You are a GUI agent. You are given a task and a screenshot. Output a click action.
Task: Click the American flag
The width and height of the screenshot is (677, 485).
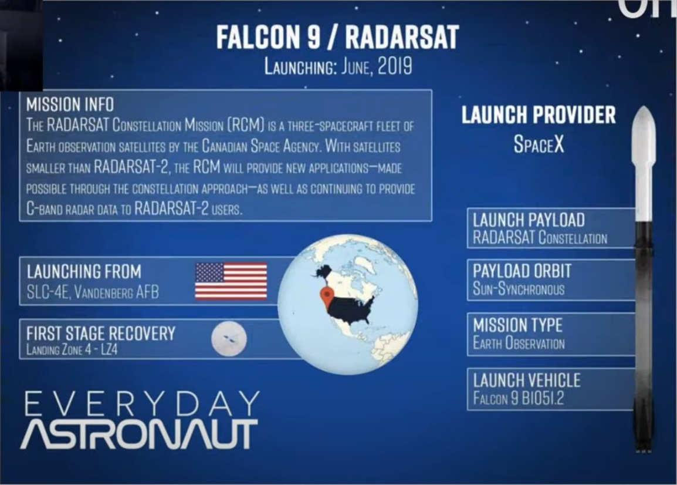click(x=231, y=281)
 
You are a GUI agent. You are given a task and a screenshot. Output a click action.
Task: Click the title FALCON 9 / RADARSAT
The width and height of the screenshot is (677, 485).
click(x=337, y=37)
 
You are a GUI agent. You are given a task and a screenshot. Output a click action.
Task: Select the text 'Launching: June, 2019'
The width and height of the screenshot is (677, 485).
click(x=338, y=67)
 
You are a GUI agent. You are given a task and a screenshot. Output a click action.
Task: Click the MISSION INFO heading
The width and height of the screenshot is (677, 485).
click(x=70, y=105)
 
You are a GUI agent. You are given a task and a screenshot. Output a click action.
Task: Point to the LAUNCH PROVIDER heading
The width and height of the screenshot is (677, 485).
click(x=539, y=115)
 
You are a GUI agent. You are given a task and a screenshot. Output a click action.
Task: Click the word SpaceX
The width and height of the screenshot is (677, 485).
click(x=539, y=144)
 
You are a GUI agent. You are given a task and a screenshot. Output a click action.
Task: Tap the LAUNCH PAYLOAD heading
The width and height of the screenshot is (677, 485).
click(x=529, y=220)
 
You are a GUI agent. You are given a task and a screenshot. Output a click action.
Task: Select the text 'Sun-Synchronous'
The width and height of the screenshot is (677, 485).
click(x=518, y=289)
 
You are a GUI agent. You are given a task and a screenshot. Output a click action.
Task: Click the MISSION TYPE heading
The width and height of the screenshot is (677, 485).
click(x=517, y=325)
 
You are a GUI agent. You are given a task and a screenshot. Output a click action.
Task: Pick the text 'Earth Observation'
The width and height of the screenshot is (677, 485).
click(x=519, y=343)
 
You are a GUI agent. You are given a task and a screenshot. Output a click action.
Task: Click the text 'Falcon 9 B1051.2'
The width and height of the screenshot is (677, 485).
click(x=518, y=398)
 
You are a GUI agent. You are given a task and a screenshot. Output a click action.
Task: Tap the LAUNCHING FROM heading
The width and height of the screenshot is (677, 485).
click(x=84, y=272)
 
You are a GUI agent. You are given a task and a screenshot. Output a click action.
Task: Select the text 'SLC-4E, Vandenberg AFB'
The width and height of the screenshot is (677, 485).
click(x=92, y=292)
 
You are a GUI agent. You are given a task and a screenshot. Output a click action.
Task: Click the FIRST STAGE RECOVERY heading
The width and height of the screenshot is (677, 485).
click(x=100, y=334)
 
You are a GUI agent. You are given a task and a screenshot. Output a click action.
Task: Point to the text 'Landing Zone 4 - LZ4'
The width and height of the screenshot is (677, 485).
click(x=72, y=350)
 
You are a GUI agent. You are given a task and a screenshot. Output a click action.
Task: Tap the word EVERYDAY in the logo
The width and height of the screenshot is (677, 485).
click(x=141, y=403)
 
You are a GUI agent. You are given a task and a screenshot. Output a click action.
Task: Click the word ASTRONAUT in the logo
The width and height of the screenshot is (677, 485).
click(x=139, y=434)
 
